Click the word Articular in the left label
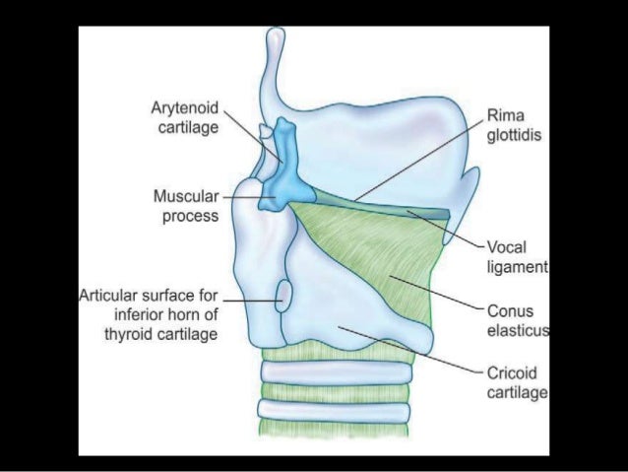tap(105, 295)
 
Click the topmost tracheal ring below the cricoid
tap(335, 373)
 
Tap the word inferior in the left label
tap(143, 314)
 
